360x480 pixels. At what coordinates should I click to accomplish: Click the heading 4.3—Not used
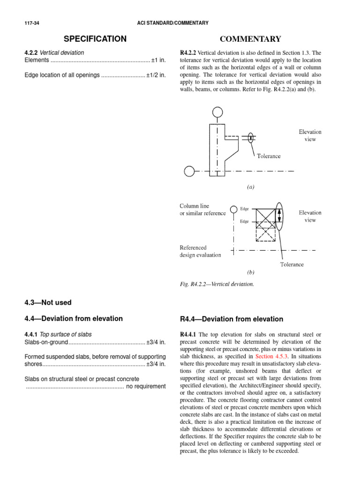tap(48, 303)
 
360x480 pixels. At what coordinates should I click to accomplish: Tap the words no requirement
tap(146, 386)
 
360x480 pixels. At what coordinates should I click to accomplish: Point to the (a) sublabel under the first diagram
tap(251, 187)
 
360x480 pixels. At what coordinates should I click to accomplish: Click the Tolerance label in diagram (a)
tap(269, 156)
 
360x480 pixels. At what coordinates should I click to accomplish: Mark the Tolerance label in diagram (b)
tap(292, 264)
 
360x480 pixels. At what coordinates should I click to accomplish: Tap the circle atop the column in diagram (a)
tap(217, 112)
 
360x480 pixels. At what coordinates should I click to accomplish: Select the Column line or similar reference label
tap(203, 210)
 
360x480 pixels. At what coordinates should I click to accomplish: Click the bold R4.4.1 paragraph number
tap(189, 334)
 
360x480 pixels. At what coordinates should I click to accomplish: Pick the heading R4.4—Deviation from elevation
tap(232, 319)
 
